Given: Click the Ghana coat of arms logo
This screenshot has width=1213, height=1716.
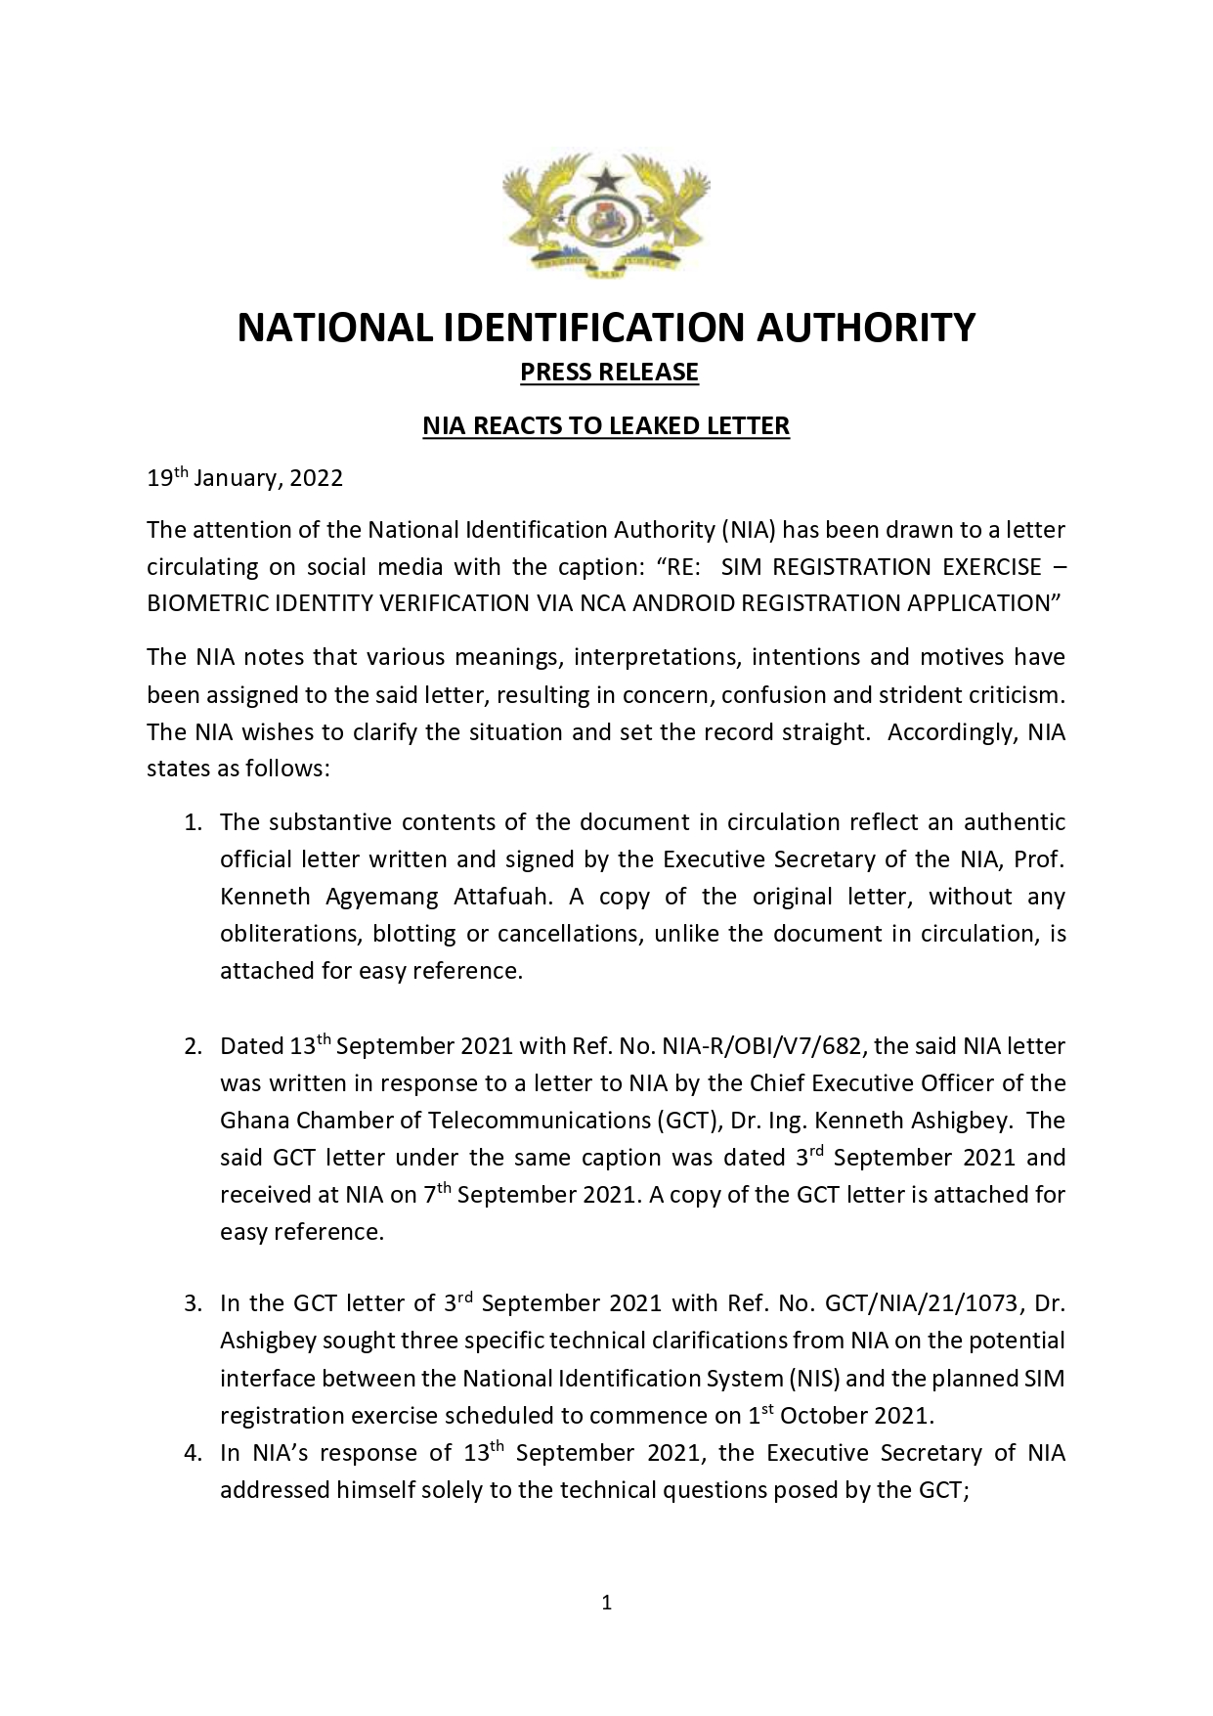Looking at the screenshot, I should tap(606, 217).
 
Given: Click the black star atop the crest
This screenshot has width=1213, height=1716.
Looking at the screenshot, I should tap(606, 178).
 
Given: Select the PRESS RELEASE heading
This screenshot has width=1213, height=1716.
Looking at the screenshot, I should tap(609, 373).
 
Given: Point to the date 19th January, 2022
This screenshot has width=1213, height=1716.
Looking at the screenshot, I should tap(244, 478).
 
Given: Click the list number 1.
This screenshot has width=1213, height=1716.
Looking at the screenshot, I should tap(193, 823).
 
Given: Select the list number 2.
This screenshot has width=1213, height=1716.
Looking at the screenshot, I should tap(193, 1047).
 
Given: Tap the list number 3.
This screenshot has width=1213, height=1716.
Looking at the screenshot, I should tap(193, 1303).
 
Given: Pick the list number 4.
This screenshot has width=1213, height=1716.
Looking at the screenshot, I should tap(193, 1454).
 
